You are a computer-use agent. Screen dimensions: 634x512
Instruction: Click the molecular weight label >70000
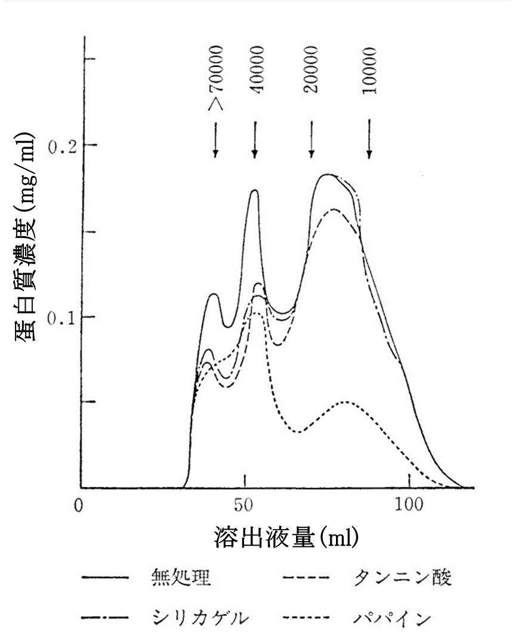point(216,78)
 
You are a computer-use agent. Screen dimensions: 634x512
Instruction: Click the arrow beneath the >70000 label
point(215,141)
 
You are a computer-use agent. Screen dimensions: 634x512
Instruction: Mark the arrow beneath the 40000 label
point(255,141)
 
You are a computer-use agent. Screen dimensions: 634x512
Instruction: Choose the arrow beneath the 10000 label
point(369,141)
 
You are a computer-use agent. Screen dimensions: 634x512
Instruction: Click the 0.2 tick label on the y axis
point(61,146)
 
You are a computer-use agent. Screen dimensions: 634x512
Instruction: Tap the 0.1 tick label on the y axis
point(61,317)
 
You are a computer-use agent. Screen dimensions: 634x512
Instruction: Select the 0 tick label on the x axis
point(78,506)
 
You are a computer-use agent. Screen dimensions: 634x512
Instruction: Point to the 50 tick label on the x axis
point(244,506)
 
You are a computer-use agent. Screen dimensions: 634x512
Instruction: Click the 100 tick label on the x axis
point(409,506)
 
